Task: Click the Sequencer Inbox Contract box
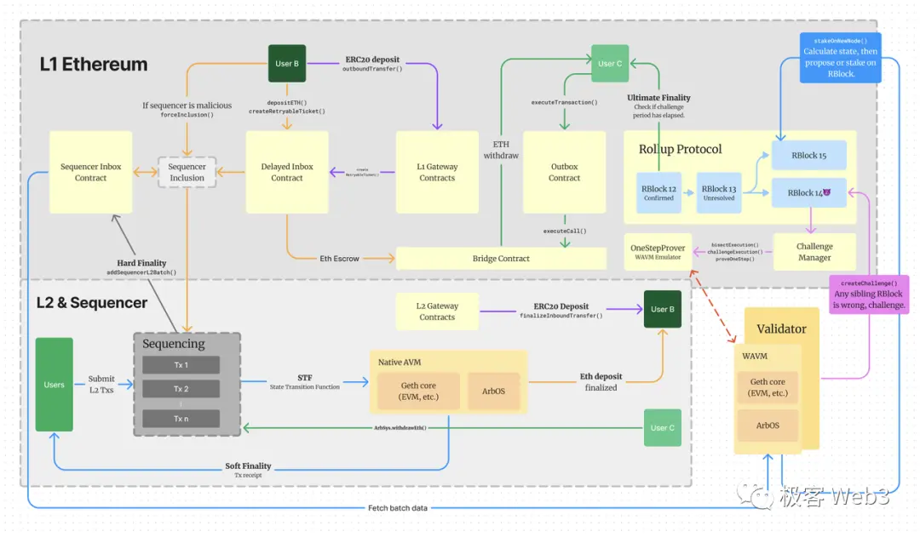[90, 172]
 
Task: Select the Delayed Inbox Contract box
[287, 172]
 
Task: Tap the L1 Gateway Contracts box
[437, 172]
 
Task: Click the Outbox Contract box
[564, 172]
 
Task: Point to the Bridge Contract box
[501, 259]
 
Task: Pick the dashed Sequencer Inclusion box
[187, 172]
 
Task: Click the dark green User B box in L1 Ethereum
[287, 64]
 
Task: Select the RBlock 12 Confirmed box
[658, 193]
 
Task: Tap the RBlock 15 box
[809, 156]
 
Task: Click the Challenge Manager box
[814, 252]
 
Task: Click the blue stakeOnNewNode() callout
[840, 57]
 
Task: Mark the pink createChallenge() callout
[869, 294]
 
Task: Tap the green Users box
[54, 384]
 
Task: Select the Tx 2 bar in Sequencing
[181, 389]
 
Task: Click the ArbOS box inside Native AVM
[493, 391]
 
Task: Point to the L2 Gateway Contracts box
[437, 311]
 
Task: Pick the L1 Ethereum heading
[94, 65]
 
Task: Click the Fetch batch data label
[397, 508]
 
